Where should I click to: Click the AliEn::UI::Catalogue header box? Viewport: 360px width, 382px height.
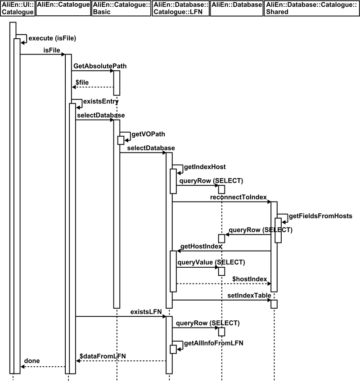tap(17, 9)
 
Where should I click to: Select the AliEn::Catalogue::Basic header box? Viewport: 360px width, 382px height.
tap(121, 9)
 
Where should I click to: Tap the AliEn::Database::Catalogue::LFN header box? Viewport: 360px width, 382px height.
tap(180, 9)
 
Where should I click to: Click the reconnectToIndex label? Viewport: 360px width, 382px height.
tap(238, 198)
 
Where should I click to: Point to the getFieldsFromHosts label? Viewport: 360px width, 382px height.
tap(320, 216)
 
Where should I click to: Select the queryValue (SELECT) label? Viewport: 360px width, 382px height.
tap(205, 262)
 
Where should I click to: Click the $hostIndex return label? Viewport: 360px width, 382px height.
tap(250, 279)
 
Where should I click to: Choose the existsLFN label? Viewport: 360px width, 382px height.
tap(146, 311)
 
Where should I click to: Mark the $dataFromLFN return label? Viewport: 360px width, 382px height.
tap(103, 355)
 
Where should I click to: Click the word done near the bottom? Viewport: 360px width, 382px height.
tap(31, 361)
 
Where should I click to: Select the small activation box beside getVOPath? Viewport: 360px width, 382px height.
tap(121, 140)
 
